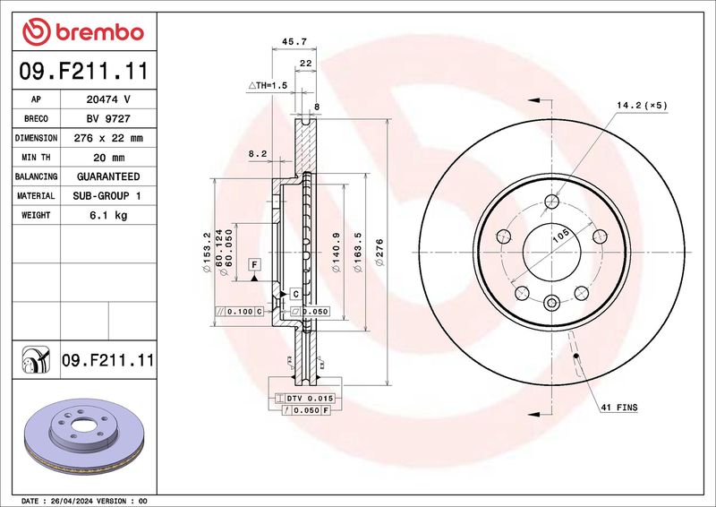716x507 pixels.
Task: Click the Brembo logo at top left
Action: pyautogui.click(x=83, y=31)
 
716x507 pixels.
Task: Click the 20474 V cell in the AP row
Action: pyautogui.click(x=108, y=99)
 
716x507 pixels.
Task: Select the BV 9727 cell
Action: pyautogui.click(x=108, y=118)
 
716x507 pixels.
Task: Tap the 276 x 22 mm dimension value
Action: pyautogui.click(x=108, y=138)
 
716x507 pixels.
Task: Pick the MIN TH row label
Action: pyautogui.click(x=36, y=158)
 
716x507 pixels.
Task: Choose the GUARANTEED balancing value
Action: pyautogui.click(x=108, y=176)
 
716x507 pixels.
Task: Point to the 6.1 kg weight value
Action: pyautogui.click(x=108, y=215)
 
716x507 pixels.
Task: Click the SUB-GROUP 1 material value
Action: pyautogui.click(x=107, y=195)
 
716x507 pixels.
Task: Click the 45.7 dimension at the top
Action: pyautogui.click(x=294, y=41)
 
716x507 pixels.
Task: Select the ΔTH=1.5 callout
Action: pyautogui.click(x=268, y=85)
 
